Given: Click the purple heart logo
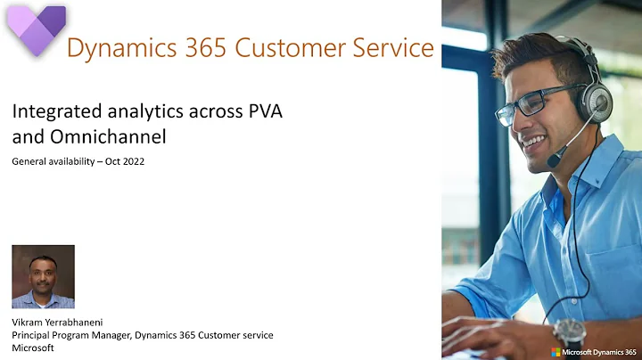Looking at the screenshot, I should tap(36, 29).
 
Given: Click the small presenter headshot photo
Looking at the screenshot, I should tap(43, 276).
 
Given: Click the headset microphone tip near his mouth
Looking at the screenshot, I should tap(554, 161).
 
